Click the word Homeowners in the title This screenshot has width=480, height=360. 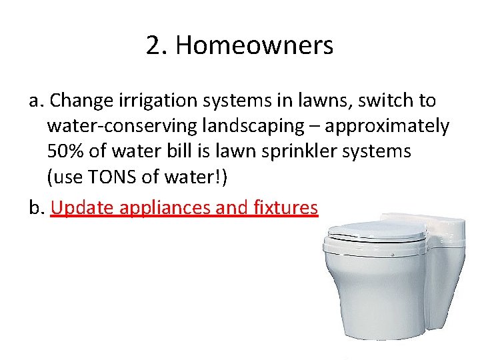click(x=254, y=46)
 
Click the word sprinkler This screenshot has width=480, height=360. click(x=303, y=151)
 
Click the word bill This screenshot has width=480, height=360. click(x=176, y=151)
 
